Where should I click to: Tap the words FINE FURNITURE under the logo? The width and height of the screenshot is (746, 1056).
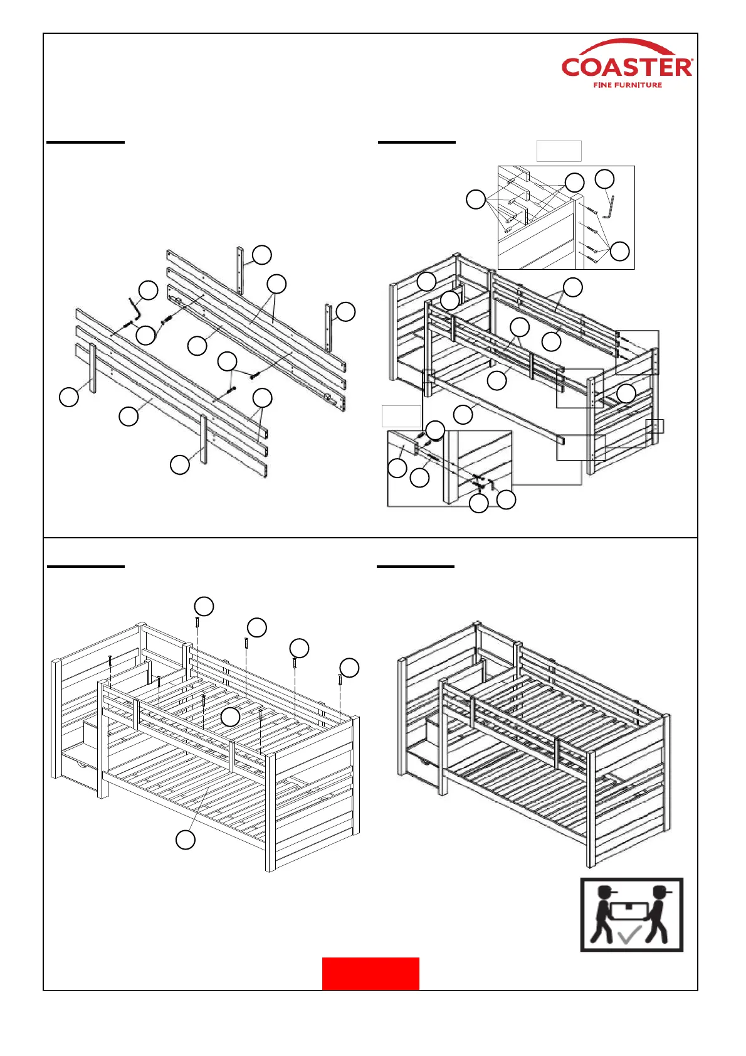(628, 85)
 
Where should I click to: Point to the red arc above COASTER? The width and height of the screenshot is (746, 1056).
(627, 45)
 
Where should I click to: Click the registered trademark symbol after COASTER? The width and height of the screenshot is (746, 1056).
(691, 61)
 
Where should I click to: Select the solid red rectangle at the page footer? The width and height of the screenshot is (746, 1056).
(370, 974)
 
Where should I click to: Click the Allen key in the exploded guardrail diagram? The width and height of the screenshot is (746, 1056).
(135, 308)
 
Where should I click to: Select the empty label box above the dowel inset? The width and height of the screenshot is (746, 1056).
(559, 151)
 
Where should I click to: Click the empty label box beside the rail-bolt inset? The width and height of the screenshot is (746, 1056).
(401, 416)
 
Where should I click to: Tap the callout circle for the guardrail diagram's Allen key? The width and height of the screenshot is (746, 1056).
(148, 290)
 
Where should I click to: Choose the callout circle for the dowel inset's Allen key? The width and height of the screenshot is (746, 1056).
(604, 179)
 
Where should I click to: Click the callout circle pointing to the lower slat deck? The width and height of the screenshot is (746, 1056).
(186, 840)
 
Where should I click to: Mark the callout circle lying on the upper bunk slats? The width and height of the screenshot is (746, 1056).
(231, 717)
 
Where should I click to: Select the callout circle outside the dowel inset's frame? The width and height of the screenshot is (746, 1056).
(476, 200)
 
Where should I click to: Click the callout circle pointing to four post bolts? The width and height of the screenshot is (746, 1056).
(620, 251)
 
